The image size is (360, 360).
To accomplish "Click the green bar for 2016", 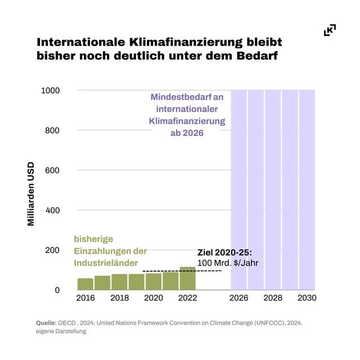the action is (x=85, y=284).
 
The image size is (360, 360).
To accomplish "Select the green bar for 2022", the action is (x=188, y=278).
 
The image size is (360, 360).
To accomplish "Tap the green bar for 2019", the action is (x=137, y=282).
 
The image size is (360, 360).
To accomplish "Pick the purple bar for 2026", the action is (x=238, y=190).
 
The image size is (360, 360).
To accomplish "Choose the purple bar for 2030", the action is (x=307, y=190).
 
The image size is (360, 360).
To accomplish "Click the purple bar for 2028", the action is (x=273, y=190).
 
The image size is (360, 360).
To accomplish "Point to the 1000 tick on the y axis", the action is (x=50, y=91).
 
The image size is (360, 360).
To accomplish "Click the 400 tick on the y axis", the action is (x=52, y=210).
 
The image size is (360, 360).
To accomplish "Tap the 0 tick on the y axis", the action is (x=57, y=290).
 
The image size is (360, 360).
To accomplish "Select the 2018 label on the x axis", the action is (x=120, y=298).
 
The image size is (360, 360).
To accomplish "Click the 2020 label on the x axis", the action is (x=154, y=298).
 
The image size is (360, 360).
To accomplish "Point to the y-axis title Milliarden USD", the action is (x=31, y=194).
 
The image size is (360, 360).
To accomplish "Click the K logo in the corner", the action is (x=330, y=30).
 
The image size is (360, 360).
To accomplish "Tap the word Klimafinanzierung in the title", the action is (x=186, y=42).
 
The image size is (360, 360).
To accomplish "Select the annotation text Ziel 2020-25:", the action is (x=224, y=253).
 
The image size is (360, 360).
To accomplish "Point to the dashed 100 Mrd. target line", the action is (x=182, y=271).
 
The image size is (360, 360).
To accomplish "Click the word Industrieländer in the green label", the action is (x=106, y=263).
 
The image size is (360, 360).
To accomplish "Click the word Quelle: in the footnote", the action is (x=46, y=323).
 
